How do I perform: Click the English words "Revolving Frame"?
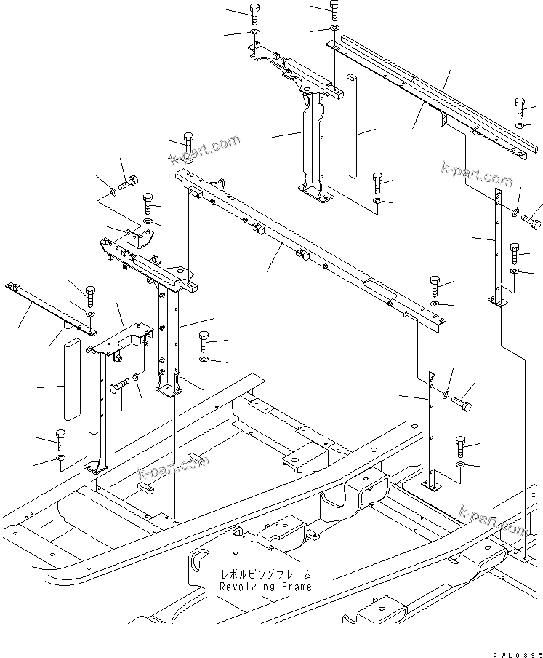click(266, 586)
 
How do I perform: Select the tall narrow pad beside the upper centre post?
click(352, 125)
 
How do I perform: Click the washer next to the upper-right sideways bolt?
click(515, 213)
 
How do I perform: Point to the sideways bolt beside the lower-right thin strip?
click(461, 401)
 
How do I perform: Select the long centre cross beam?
click(305, 247)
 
